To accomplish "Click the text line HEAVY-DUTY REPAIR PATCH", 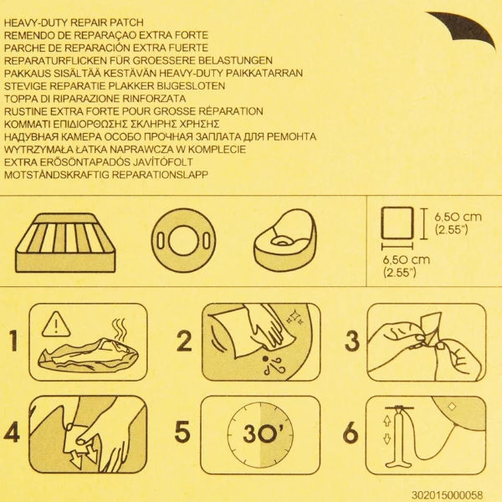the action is (x=74, y=23).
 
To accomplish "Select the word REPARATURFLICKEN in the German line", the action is (x=55, y=60).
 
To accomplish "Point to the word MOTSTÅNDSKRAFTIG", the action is (x=56, y=175).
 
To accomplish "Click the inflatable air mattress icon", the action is (x=65, y=243).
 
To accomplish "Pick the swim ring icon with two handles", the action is (x=183, y=241).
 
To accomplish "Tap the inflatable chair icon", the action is (x=285, y=239).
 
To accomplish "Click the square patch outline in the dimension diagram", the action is (x=397, y=223).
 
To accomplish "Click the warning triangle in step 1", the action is (x=56, y=324).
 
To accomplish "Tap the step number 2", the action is (x=184, y=341).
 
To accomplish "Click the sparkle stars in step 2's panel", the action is (x=295, y=318).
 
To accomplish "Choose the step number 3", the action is (x=352, y=341).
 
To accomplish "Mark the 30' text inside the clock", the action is (x=261, y=433).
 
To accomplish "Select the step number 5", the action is (x=182, y=433).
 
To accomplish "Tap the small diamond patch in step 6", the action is (x=452, y=407).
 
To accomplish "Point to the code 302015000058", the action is (x=447, y=494).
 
